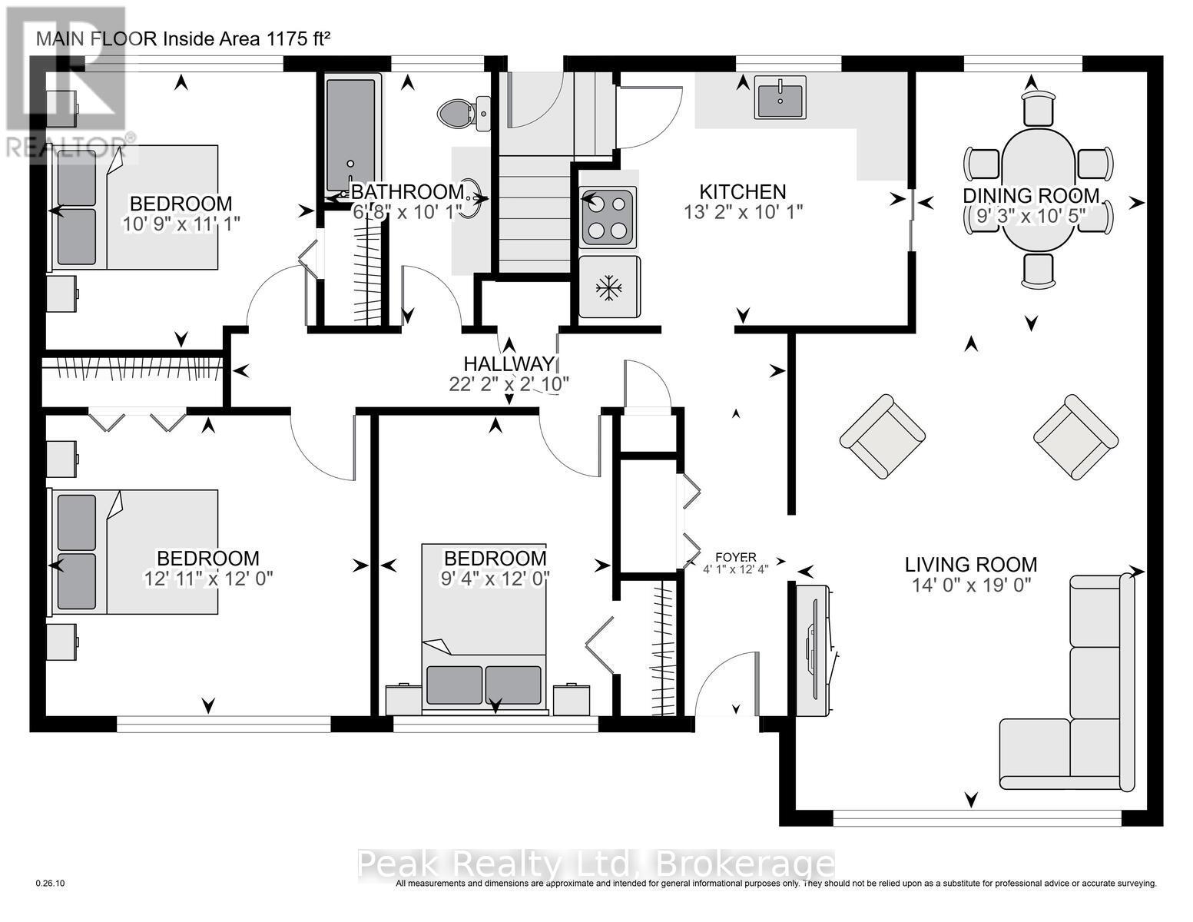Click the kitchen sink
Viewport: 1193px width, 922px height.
pyautogui.click(x=780, y=98)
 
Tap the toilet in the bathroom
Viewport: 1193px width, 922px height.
pyautogui.click(x=464, y=114)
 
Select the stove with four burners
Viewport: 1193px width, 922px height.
pyautogui.click(x=608, y=217)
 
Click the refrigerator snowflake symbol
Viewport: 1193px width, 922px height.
pyautogui.click(x=609, y=287)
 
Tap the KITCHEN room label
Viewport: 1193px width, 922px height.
pyautogui.click(x=742, y=191)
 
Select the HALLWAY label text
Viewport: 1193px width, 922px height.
pyautogui.click(x=509, y=363)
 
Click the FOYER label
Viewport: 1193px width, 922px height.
pyautogui.click(x=736, y=557)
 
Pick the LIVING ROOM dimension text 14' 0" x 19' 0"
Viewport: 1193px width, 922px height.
pyautogui.click(x=971, y=585)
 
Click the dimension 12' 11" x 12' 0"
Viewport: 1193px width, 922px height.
pyautogui.click(x=208, y=579)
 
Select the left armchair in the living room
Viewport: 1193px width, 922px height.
pyautogui.click(x=882, y=436)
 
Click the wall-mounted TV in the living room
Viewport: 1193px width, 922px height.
pyautogui.click(x=814, y=651)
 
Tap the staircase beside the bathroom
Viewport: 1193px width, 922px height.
pyautogui.click(x=535, y=214)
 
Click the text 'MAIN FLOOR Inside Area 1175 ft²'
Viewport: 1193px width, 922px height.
pyautogui.click(x=184, y=39)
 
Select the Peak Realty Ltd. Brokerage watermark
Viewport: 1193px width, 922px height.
pyautogui.click(x=595, y=865)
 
